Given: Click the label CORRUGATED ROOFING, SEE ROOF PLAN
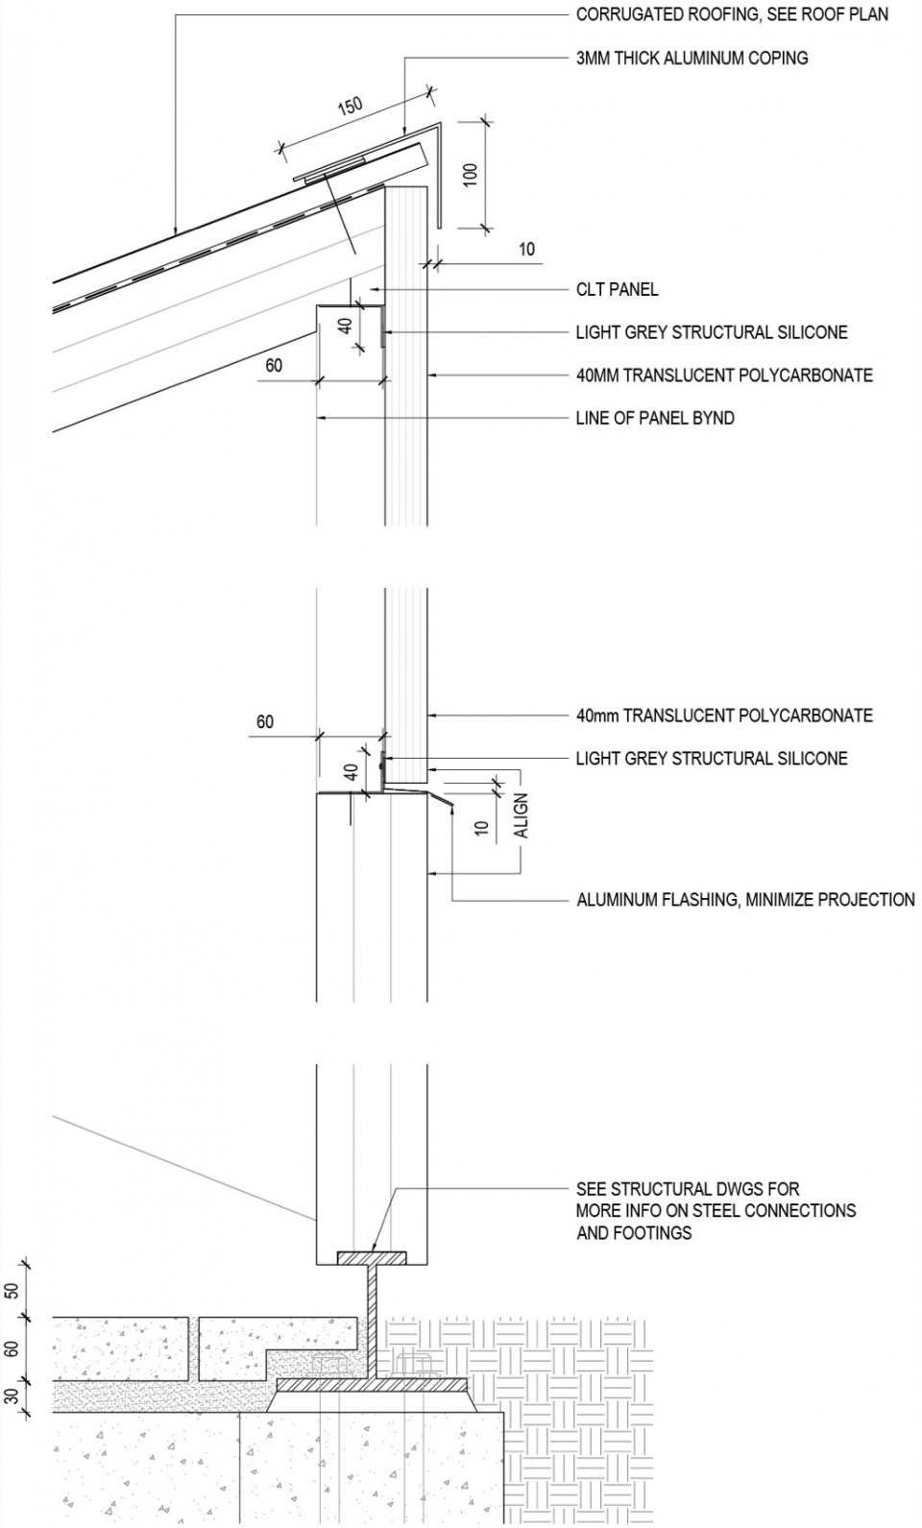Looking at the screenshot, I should (732, 14).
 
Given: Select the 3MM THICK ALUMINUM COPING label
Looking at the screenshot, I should (691, 58).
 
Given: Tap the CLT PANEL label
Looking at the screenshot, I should (617, 289).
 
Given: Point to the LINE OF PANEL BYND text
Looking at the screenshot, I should (655, 418).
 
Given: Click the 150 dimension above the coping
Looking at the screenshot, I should (350, 105).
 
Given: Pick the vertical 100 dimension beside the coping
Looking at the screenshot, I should (470, 175).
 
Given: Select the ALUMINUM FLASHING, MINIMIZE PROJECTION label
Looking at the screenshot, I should (745, 900).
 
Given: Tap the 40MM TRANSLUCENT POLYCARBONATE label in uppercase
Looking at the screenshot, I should (724, 375).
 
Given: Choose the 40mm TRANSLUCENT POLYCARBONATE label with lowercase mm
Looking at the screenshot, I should (724, 715).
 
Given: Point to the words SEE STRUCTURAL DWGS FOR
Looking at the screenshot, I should (688, 1189).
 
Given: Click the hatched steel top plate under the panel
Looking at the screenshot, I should (371, 1257).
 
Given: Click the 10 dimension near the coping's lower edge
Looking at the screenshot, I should (526, 250).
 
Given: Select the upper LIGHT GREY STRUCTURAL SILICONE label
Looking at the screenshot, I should (712, 332).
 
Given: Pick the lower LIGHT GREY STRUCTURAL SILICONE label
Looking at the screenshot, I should (712, 759).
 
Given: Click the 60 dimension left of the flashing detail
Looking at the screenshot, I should (264, 721).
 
